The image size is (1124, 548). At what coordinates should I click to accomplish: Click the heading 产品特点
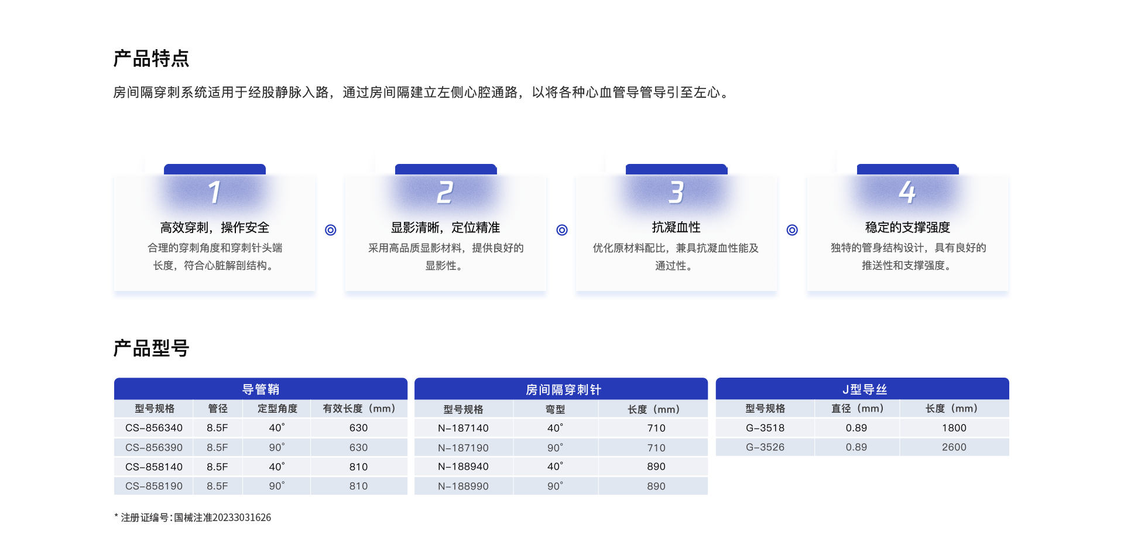151,59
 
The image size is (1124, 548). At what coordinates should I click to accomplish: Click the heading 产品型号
151,348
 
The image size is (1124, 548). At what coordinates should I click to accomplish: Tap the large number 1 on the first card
215,192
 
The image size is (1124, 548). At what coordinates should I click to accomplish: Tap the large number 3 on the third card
676,192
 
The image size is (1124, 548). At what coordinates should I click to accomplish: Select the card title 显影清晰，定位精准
446,227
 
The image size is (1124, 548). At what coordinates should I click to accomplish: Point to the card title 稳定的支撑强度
907,227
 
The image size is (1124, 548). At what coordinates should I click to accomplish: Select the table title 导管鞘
261,389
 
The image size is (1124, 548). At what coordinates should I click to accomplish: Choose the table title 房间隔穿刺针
563,390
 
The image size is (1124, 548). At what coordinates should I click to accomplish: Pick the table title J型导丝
865,389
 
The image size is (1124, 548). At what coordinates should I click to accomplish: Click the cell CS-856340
154,428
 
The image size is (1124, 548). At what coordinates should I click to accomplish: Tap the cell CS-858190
154,486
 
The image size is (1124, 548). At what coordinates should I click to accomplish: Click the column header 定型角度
277,409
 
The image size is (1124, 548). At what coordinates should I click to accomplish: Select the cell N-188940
463,467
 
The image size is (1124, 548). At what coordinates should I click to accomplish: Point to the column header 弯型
555,409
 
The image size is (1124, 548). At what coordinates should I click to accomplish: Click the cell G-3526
765,447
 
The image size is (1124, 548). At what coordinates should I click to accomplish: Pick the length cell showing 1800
954,428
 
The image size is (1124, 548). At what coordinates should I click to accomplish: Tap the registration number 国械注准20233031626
222,518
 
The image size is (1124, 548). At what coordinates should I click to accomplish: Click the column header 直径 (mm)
857,409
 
